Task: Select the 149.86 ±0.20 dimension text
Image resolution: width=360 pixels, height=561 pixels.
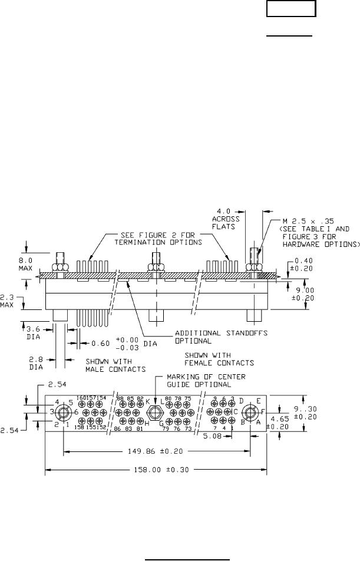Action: click(x=157, y=452)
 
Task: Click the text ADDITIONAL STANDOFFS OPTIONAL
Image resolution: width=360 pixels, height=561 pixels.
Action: click(x=221, y=336)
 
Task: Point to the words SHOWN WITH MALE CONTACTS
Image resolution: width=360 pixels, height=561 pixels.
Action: click(x=115, y=365)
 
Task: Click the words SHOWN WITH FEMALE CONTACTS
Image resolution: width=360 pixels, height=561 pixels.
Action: click(x=220, y=359)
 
